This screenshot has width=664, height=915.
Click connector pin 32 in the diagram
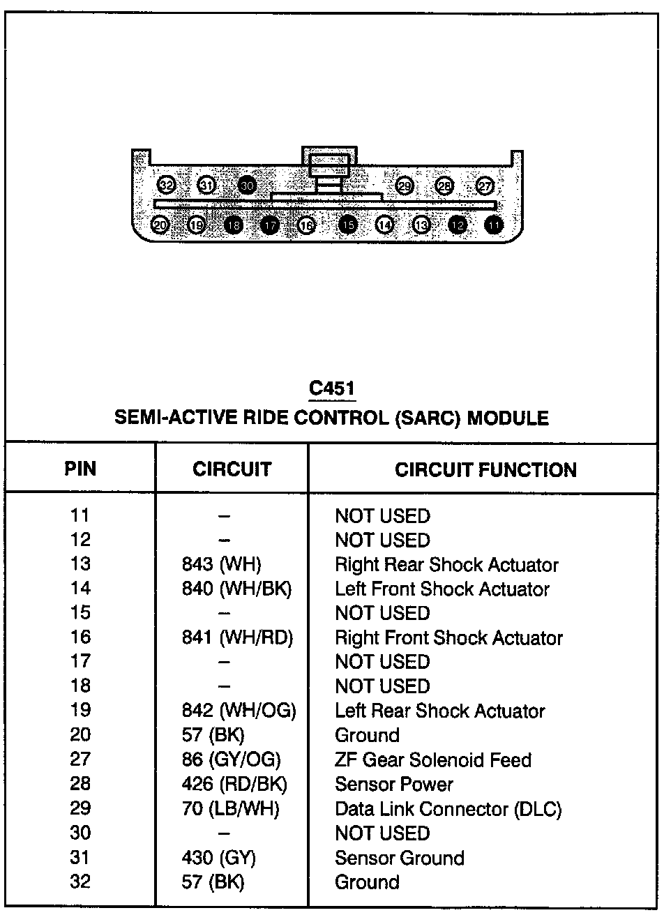pyautogui.click(x=167, y=186)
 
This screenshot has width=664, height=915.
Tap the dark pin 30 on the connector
pyautogui.click(x=247, y=186)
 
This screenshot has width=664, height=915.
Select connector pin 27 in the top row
pyautogui.click(x=485, y=186)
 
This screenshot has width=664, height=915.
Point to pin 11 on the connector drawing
pyautogui.click(x=495, y=225)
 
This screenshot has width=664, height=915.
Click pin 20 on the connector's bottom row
pyautogui.click(x=160, y=225)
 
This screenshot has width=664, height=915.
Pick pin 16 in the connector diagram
pyautogui.click(x=306, y=225)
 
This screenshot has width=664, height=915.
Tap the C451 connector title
pyautogui.click(x=333, y=389)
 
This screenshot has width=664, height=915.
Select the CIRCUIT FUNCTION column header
pyautogui.click(x=485, y=469)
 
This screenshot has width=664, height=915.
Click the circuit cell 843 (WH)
pyautogui.click(x=221, y=564)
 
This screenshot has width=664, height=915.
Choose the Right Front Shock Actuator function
pyautogui.click(x=448, y=637)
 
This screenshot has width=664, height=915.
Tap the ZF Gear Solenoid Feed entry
pyautogui.click(x=433, y=759)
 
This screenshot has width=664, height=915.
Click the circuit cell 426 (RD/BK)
pyautogui.click(x=234, y=784)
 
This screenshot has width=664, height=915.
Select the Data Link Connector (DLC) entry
pyautogui.click(x=448, y=809)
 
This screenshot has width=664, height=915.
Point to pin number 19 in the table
pyautogui.click(x=80, y=711)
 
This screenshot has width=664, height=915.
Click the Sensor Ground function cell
pyautogui.click(x=399, y=857)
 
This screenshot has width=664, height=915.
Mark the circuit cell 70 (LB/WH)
pyautogui.click(x=230, y=809)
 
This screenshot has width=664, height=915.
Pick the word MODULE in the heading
pyautogui.click(x=507, y=418)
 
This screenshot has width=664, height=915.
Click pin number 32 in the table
pyautogui.click(x=80, y=882)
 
